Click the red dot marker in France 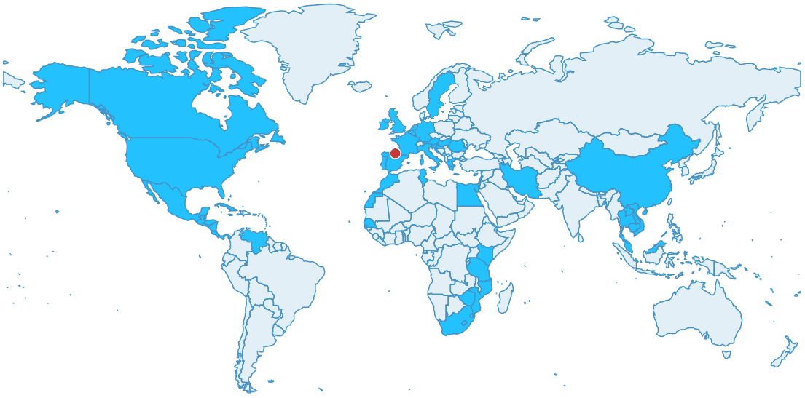tap(395, 153)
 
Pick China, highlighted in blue tap(627, 175)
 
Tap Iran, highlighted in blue tap(522, 179)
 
